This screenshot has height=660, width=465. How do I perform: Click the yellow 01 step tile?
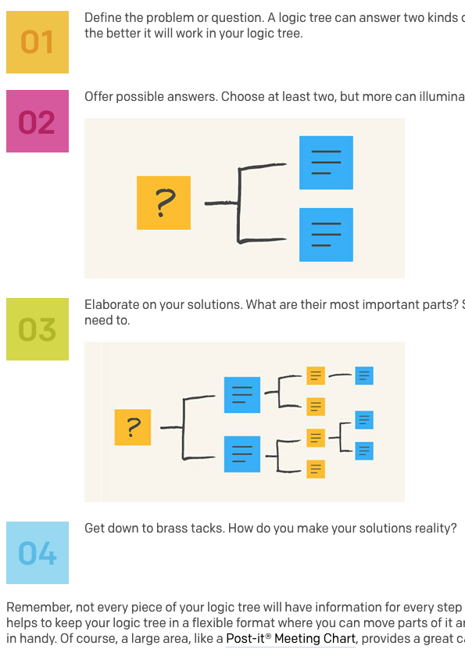tap(38, 42)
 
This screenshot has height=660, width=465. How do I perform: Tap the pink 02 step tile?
tap(38, 121)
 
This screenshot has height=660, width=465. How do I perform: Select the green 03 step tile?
tap(38, 329)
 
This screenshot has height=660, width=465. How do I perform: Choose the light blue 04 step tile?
tap(38, 553)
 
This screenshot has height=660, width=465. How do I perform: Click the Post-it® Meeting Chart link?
tap(291, 639)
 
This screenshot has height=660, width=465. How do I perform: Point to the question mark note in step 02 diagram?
tap(163, 203)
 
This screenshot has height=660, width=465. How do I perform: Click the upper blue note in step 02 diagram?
tap(326, 163)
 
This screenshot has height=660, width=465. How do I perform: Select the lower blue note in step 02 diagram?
tap(326, 235)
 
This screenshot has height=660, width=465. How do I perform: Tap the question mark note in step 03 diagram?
tap(133, 427)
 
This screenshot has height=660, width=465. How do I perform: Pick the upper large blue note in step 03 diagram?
tap(242, 395)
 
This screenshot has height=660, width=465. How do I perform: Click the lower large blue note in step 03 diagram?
tap(242, 454)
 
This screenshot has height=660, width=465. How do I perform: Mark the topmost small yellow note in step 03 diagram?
tap(316, 375)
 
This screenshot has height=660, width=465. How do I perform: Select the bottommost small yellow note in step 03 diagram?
tap(316, 469)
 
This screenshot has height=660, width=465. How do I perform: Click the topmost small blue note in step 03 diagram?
tap(364, 375)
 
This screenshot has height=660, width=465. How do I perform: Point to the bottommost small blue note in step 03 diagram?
tap(364, 450)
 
